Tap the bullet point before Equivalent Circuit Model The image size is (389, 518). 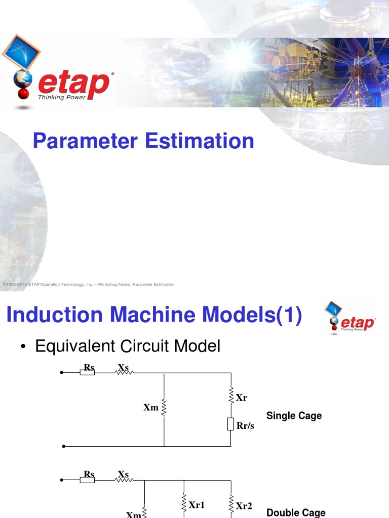point(23,347)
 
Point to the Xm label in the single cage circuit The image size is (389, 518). point(151,407)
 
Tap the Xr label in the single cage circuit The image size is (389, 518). point(242,398)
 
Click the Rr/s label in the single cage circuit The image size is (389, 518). point(245,426)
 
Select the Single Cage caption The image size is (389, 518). point(294,416)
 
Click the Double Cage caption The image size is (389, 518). point(296,512)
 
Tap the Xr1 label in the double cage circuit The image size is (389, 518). point(197,504)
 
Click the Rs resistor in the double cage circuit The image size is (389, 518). point(88,479)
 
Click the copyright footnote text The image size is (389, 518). point(89,284)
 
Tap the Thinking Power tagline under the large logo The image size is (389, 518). point(59,97)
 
